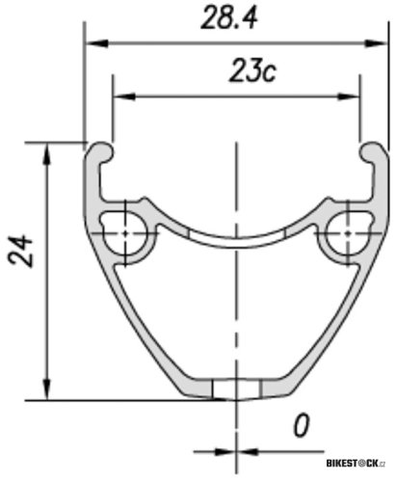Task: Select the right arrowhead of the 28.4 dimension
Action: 370,42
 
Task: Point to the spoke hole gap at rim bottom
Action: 236,388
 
